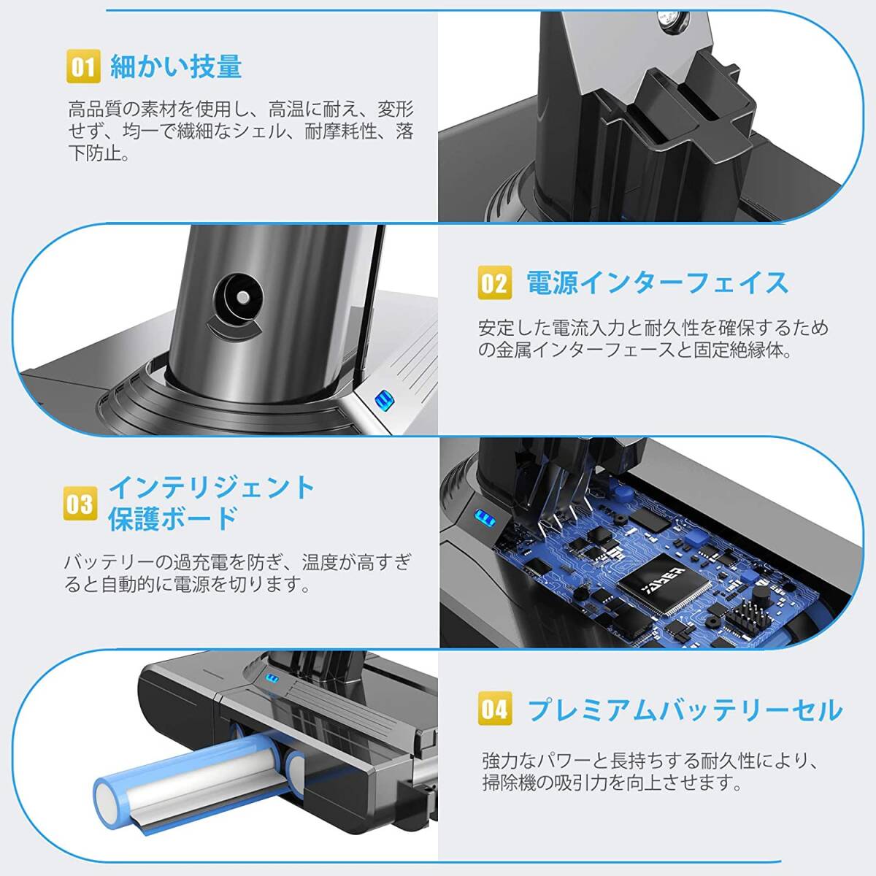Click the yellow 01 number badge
point(83,66)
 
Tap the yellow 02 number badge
point(495,283)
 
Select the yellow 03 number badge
point(80,503)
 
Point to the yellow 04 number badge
point(495,708)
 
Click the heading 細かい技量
point(176,66)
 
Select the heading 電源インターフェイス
point(657,283)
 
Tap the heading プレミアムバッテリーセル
point(685,710)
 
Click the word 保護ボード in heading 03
point(173,519)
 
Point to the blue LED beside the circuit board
point(483,517)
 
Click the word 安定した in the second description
point(514,328)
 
